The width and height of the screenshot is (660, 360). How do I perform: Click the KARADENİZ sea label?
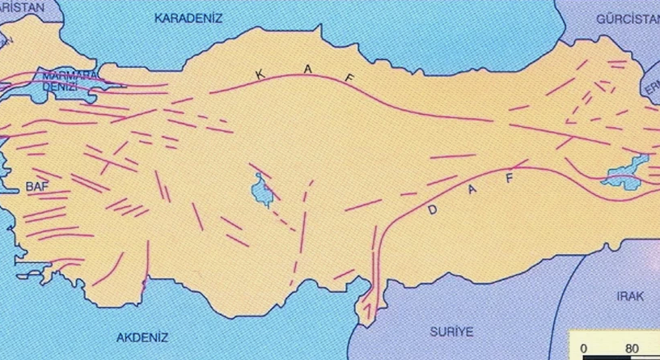[188, 17]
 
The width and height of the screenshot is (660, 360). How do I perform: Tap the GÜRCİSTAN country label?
[628, 18]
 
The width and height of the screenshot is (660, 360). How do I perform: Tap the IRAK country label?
[629, 297]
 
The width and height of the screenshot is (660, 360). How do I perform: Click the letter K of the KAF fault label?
[260, 75]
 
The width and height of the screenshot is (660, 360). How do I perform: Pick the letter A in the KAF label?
[307, 71]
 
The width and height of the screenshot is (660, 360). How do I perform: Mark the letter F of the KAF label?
[350, 78]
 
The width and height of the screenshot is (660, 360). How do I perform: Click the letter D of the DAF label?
[433, 210]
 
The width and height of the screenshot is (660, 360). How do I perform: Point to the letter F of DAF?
[509, 179]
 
